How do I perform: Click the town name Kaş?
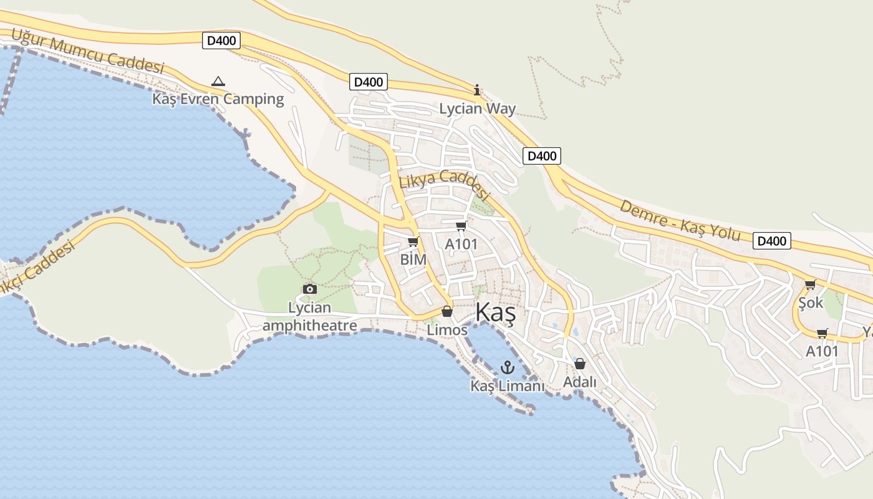coord(496,313)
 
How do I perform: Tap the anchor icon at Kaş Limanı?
coord(508,367)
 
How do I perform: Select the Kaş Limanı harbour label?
coord(508,386)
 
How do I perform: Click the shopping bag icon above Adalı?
coord(580,363)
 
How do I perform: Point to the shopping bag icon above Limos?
coord(447,311)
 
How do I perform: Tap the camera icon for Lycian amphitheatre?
coord(309,289)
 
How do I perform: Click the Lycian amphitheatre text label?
coord(310,316)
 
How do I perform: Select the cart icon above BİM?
coord(413,241)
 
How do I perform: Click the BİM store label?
coord(413,259)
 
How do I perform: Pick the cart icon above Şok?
coord(810,284)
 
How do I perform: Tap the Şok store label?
coord(811,303)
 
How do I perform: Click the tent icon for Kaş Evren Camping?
coord(218,81)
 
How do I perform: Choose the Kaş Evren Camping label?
coord(218,99)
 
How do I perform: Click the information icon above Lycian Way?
coord(478,90)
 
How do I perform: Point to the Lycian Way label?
coord(478,109)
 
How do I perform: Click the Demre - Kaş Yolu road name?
coord(680,220)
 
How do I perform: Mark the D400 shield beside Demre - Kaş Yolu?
coord(771,241)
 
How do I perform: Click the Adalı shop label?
coord(580,382)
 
